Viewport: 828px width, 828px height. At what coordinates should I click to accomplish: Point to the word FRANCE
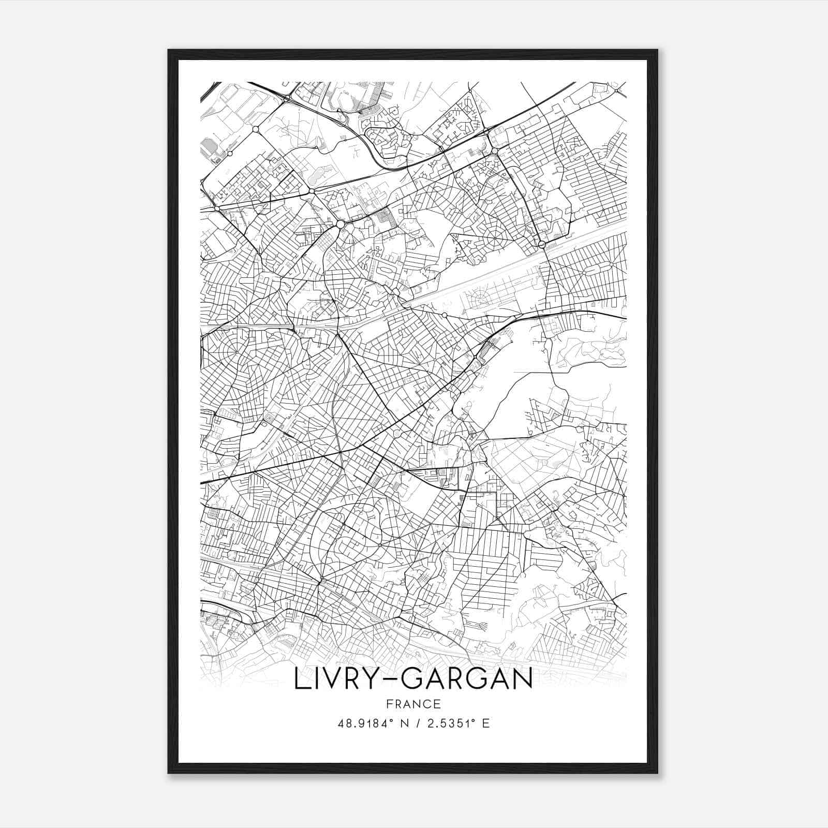[x=413, y=704]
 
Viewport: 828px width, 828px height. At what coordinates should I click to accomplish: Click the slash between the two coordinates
[x=417, y=723]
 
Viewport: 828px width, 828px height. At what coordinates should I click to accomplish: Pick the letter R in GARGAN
[x=456, y=679]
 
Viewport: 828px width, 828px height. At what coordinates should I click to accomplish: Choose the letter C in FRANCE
[x=426, y=704]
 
